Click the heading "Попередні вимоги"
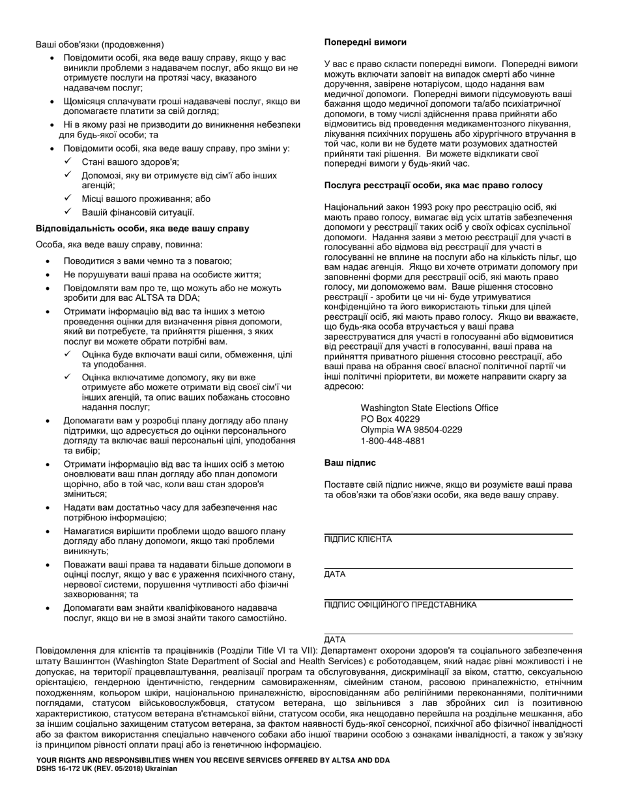(366, 42)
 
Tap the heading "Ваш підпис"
(350, 463)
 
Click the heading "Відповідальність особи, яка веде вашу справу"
(142, 229)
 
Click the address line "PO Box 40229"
(390, 419)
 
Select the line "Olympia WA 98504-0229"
(411, 430)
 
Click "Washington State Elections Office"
(429, 408)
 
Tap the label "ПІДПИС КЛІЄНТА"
(358, 540)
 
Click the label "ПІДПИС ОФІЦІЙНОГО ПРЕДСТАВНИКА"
(400, 604)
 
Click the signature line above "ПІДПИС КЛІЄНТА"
(448, 534)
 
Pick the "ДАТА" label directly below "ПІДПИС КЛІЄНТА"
(335, 574)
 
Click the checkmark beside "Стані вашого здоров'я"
(68, 162)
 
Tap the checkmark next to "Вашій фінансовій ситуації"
(68, 212)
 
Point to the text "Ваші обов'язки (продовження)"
(99, 45)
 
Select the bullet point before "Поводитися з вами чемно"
(50, 260)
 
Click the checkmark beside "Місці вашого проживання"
(68, 198)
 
